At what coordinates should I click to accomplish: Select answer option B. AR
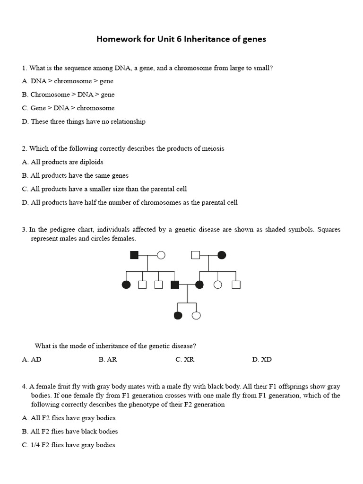point(108,360)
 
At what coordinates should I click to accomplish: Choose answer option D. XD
point(262,360)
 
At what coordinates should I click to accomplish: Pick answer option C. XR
point(185,360)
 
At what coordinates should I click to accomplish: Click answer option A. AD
point(32,360)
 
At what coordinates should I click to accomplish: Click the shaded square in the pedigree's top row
point(134,255)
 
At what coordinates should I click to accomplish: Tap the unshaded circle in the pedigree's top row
point(161,255)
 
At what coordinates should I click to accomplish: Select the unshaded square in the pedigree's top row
point(195,255)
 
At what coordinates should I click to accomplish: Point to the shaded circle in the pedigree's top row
point(222,255)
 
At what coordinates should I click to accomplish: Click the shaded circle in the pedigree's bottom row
point(178,315)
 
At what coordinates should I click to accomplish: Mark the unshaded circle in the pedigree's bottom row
point(196,315)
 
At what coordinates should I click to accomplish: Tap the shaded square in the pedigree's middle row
point(174,285)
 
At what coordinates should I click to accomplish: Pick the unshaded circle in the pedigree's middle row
point(218,285)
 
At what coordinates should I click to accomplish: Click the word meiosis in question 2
point(212,148)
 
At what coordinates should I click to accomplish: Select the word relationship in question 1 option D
point(127,121)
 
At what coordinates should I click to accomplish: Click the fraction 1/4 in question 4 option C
point(35,445)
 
